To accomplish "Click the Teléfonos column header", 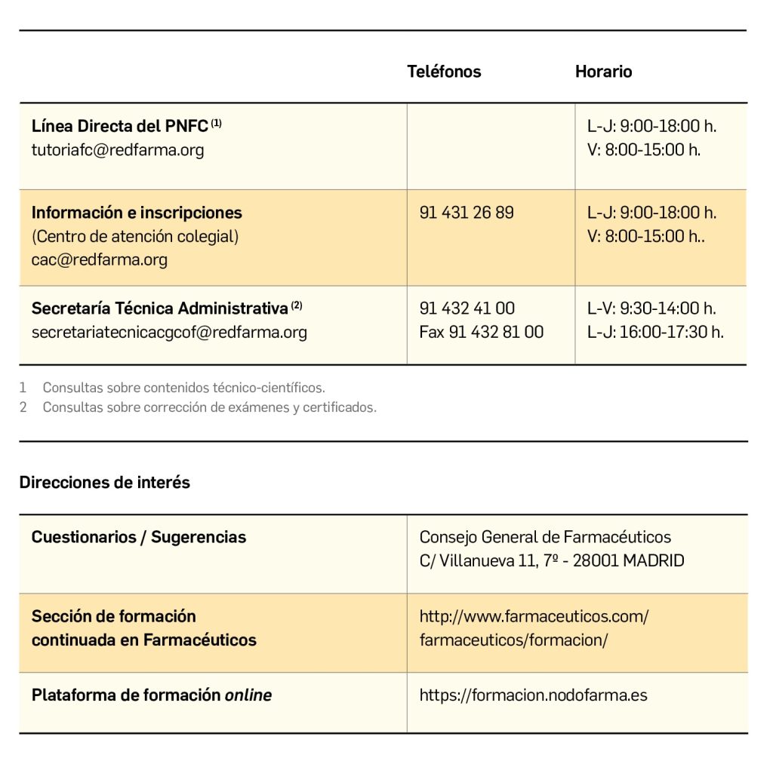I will [x=444, y=72].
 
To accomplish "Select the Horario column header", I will [x=603, y=72].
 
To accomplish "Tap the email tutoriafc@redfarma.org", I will [x=118, y=149].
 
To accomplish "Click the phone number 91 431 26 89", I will [x=467, y=213].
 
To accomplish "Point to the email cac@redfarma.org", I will [x=100, y=260].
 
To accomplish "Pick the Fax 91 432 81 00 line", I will [x=481, y=332].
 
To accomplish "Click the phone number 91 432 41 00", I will [x=467, y=308].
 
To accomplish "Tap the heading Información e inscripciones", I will [x=137, y=213].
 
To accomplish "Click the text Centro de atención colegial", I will [x=135, y=236].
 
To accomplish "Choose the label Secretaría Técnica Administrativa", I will [x=160, y=308].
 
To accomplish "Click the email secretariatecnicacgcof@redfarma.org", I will [x=169, y=332].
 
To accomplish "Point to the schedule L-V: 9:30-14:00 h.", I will [x=651, y=308].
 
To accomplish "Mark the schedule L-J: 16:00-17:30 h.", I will [x=655, y=332].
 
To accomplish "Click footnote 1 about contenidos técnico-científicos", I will [x=183, y=388].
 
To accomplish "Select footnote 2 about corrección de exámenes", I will [x=209, y=407].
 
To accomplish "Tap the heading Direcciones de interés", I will [x=105, y=483].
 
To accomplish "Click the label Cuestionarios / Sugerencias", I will [x=139, y=537].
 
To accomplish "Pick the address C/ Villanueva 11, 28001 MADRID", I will [x=552, y=560].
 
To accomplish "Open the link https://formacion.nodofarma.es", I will [x=533, y=695].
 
